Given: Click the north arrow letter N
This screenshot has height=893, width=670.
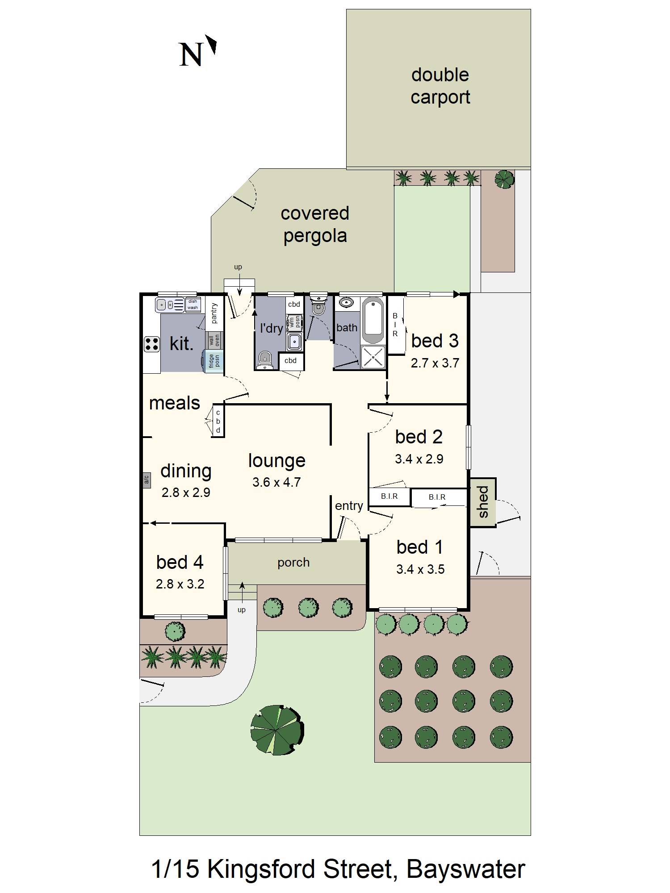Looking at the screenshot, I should (191, 55).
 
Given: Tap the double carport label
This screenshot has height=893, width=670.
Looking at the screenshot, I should (440, 86).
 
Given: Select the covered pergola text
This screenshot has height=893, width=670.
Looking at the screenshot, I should (315, 225).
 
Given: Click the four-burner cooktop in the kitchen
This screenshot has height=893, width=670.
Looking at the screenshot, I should (152, 344).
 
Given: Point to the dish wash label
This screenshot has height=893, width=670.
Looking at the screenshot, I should (193, 304).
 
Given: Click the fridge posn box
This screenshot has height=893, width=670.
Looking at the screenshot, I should (214, 361).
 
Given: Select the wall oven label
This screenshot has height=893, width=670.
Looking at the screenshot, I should (214, 340).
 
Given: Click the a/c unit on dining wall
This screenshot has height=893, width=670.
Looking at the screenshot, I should (146, 480).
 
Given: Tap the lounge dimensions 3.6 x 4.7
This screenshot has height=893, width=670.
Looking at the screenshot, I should (276, 482).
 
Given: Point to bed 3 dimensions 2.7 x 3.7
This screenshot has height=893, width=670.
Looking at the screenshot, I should (435, 363).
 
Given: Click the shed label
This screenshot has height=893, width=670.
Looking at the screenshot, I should (483, 502).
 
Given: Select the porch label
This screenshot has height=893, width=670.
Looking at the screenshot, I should (293, 562).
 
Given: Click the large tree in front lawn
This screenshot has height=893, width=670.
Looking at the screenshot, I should (276, 730).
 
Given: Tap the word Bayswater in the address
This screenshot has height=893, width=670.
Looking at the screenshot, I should (465, 869).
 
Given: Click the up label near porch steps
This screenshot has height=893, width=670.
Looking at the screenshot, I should (242, 610).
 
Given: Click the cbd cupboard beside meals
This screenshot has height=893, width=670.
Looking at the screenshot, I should (218, 421).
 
